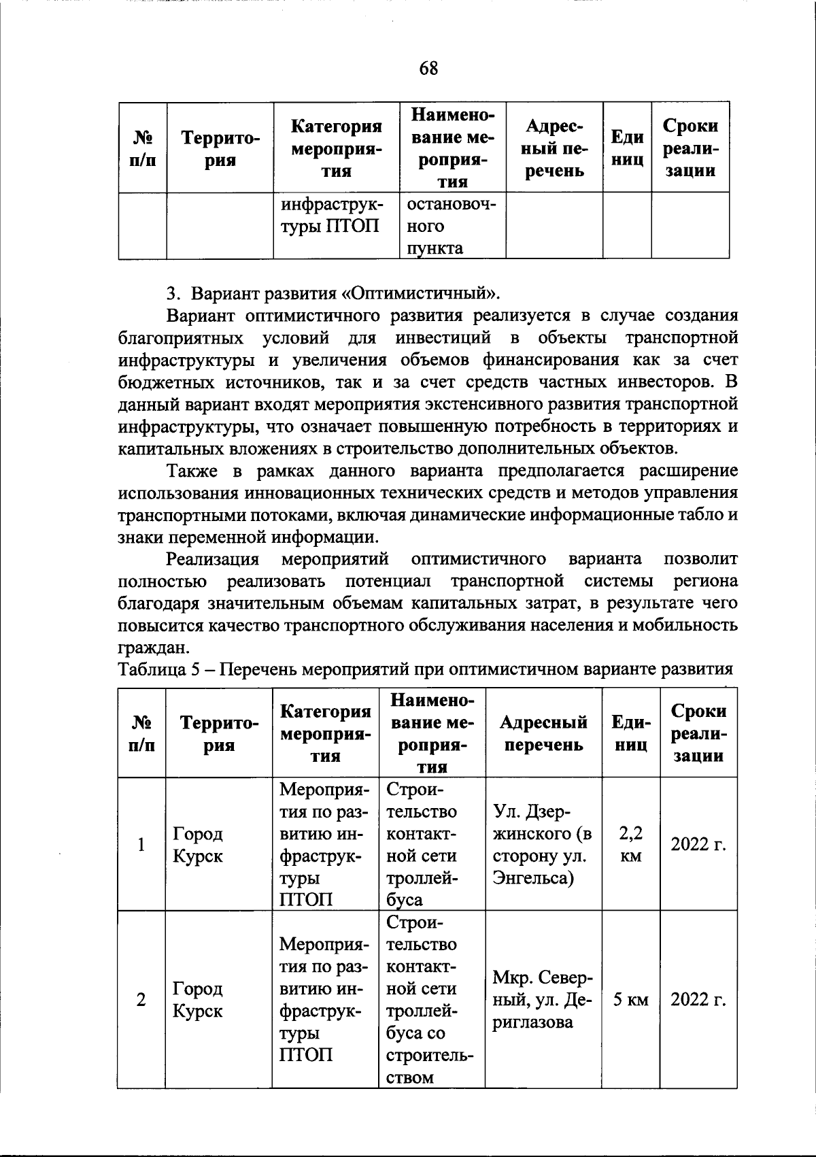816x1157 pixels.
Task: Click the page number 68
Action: pos(429,68)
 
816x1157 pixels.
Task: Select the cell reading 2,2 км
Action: pos(631,844)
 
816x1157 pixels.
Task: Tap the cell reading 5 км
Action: pos(631,1000)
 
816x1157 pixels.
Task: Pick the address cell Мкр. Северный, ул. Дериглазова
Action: pos(542,1000)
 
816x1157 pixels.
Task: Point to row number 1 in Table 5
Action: pos(141,844)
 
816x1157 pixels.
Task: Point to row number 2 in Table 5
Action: pos(141,1000)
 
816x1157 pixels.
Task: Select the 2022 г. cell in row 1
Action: pos(698,844)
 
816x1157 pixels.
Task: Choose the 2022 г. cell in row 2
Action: pos(698,1000)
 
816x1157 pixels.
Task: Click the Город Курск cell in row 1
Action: pos(198,844)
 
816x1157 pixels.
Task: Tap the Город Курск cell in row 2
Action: pos(198,1000)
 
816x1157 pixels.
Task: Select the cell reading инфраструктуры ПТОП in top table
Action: pos(331,215)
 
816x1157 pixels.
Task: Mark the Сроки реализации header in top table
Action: pos(690,148)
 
